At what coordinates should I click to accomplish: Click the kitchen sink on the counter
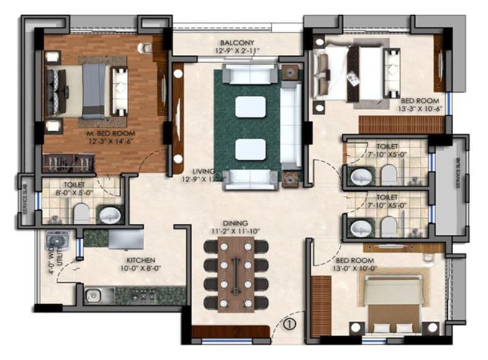[93, 295]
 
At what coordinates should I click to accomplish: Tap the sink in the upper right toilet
[358, 177]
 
